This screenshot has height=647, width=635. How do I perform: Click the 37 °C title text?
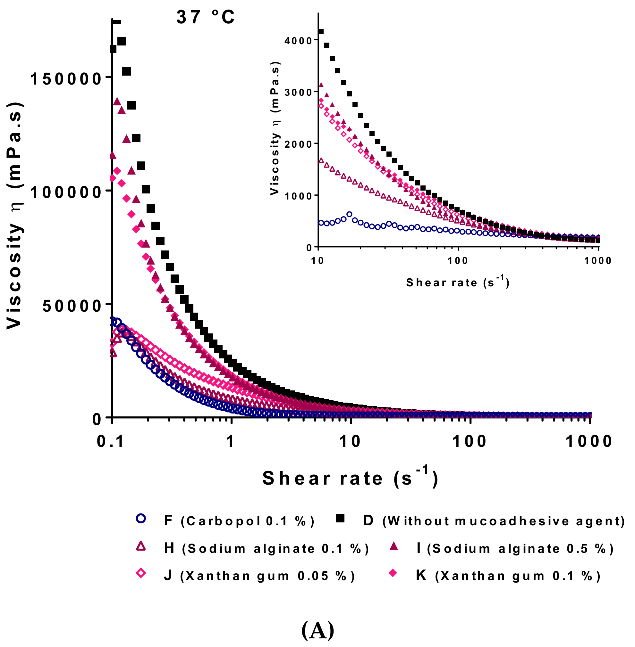coord(205,17)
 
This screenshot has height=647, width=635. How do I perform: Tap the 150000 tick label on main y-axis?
coord(66,79)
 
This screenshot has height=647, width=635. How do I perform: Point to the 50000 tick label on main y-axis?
coord(72,306)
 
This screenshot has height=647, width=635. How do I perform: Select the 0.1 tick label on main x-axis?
coord(110,441)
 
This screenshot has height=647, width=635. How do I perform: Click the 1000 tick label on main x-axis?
coord(588,441)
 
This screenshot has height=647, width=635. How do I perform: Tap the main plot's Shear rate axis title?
coord(350,479)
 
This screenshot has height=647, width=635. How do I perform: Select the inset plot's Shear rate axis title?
coord(458,283)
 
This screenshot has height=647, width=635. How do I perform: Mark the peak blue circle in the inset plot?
coord(349,214)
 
